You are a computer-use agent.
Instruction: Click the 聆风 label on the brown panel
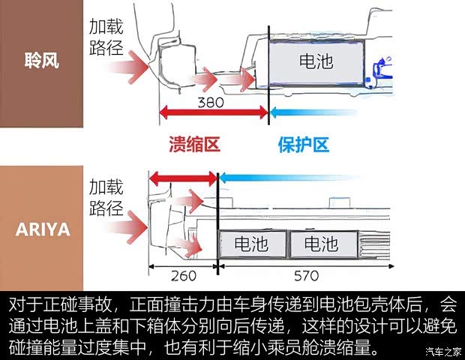pyautogui.click(x=41, y=61)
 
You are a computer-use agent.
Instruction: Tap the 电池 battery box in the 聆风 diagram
pyautogui.click(x=316, y=61)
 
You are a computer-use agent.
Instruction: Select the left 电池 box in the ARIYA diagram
pyautogui.click(x=252, y=244)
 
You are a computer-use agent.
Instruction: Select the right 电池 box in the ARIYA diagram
pyautogui.click(x=319, y=244)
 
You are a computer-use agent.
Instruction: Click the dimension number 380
pyautogui.click(x=211, y=103)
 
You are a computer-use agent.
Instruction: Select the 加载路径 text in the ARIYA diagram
pyautogui.click(x=106, y=196)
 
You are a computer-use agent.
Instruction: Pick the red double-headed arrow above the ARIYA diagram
pyautogui.click(x=182, y=179)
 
